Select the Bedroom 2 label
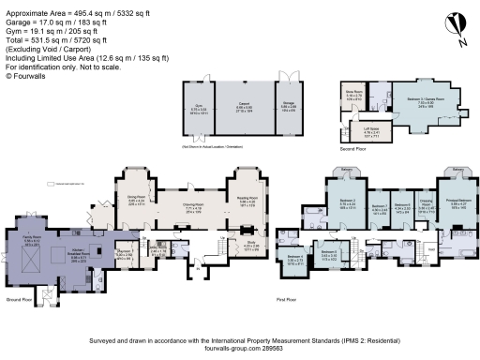point(346,200)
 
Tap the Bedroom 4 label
point(293,256)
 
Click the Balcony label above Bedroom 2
point(346,170)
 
